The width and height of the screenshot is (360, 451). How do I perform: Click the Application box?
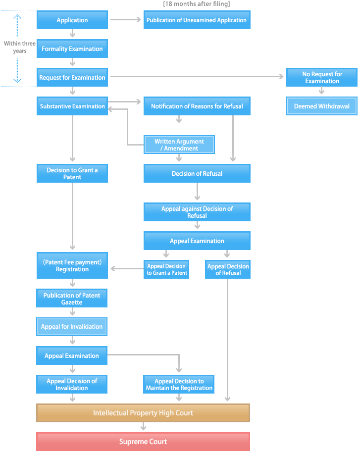[72, 20]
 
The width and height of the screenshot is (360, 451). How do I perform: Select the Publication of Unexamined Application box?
[197, 20]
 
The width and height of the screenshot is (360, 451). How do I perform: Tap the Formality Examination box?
[72, 49]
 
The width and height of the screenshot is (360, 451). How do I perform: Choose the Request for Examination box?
[72, 78]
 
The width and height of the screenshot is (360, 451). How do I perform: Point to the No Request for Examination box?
[322, 78]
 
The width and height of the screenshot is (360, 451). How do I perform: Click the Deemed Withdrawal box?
[322, 106]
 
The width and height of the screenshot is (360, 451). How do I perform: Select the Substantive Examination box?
[72, 106]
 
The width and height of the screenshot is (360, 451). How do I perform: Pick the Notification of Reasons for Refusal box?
[197, 106]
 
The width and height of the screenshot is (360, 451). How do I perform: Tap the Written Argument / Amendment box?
[179, 145]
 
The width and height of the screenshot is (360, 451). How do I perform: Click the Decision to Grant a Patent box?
[72, 174]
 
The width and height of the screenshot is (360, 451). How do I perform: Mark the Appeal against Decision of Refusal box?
[197, 212]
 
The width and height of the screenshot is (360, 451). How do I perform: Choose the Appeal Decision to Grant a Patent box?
[167, 270]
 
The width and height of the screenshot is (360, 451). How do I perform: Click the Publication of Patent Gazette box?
[72, 299]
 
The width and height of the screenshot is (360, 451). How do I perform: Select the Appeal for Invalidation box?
[72, 327]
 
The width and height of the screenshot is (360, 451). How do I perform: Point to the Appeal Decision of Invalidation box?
[72, 385]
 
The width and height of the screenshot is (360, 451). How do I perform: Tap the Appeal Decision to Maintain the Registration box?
[179, 385]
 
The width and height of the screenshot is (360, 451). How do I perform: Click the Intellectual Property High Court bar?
[143, 413]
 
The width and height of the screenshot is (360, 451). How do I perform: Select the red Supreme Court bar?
[143, 442]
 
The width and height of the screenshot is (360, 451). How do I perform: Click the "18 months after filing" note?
[197, 4]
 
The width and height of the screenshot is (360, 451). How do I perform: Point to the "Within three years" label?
[20, 48]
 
